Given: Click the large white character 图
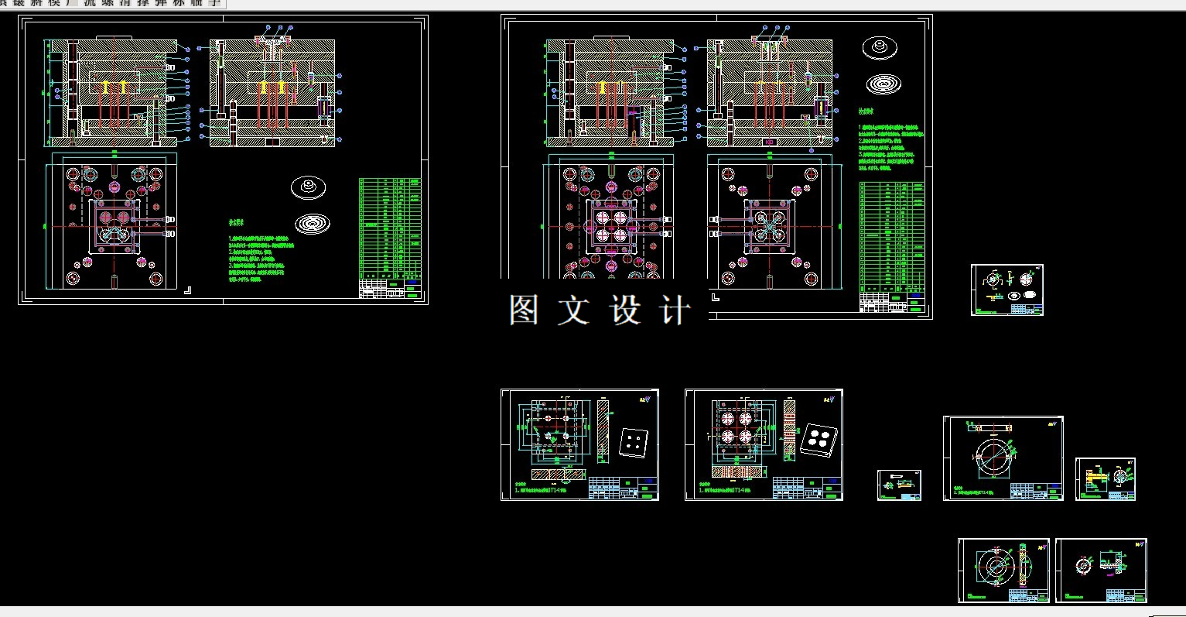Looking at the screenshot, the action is pyautogui.click(x=524, y=310).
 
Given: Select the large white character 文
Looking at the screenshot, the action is pyautogui.click(x=573, y=310).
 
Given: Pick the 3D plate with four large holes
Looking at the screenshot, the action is pyautogui.click(x=817, y=440).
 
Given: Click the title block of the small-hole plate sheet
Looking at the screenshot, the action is pyautogui.click(x=623, y=488).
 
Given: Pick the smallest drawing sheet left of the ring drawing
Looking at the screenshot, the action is pyautogui.click(x=899, y=485).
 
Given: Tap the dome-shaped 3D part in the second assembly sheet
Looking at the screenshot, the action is pyautogui.click(x=880, y=48).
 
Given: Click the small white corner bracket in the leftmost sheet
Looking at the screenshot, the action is pyautogui.click(x=187, y=290).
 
